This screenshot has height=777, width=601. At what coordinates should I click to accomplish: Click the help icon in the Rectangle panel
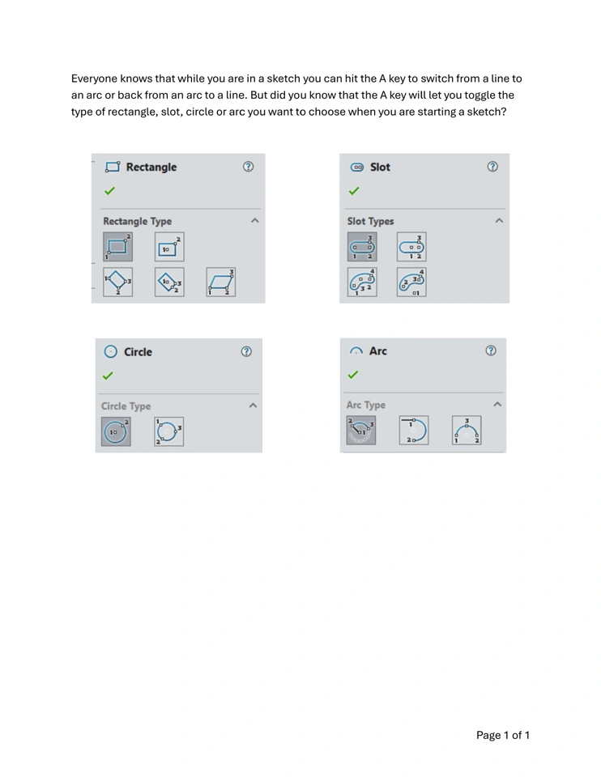click(x=249, y=168)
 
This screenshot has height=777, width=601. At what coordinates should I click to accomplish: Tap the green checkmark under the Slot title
click(x=353, y=192)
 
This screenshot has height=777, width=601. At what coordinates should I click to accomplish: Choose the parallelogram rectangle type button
click(x=221, y=282)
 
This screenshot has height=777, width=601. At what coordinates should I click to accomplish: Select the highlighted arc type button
click(x=360, y=430)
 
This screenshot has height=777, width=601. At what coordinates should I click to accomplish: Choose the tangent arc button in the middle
click(x=413, y=430)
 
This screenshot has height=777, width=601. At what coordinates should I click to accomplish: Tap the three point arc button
click(x=466, y=430)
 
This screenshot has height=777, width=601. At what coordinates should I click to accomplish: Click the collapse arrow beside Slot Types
click(x=499, y=221)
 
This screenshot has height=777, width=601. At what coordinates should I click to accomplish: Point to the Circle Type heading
click(x=126, y=406)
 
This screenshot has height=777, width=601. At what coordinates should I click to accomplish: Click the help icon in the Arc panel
click(x=490, y=351)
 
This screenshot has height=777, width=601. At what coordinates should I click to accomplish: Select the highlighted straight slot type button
click(x=362, y=246)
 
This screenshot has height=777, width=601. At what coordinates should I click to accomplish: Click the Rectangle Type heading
click(x=137, y=221)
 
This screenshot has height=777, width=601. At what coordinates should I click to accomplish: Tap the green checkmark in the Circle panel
click(x=109, y=376)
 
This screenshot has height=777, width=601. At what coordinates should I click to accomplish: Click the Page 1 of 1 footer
click(x=502, y=735)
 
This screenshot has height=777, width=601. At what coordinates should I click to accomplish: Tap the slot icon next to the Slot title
click(x=357, y=168)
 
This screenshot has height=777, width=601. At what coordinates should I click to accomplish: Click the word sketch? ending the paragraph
click(x=487, y=112)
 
